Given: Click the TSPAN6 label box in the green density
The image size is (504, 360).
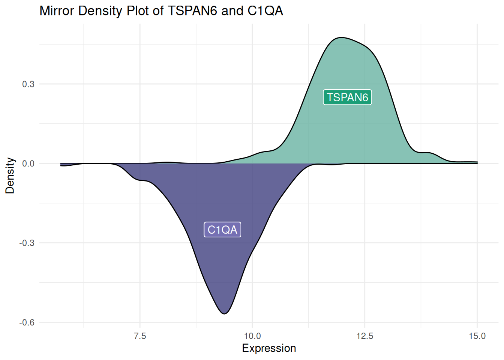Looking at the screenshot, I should (347, 97).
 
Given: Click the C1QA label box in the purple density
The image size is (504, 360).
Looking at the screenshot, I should (222, 229).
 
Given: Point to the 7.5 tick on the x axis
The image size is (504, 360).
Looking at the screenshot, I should (140, 336).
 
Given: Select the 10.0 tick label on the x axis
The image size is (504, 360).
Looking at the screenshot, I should (252, 336).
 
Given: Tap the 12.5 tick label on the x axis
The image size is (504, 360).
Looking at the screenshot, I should (365, 336).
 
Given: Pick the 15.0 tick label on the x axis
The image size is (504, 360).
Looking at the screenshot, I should (477, 336).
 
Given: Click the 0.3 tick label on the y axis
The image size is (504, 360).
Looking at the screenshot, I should (28, 84).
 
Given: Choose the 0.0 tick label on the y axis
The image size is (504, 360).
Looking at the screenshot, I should (28, 163).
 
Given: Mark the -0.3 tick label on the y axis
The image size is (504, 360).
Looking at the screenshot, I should (27, 243).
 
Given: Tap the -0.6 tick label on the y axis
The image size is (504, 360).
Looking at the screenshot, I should (27, 322).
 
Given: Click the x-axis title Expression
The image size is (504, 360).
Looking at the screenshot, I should (269, 348).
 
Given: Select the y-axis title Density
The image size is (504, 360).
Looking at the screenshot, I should (10, 175).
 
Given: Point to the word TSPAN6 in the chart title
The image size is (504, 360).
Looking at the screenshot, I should (192, 11).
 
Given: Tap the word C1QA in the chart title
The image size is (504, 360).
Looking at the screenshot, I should (265, 11).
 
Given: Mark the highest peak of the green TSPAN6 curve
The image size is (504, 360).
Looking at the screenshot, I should (340, 37).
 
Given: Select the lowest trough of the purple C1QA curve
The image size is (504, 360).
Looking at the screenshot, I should (224, 313).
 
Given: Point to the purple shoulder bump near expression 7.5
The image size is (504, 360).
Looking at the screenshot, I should (142, 180).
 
